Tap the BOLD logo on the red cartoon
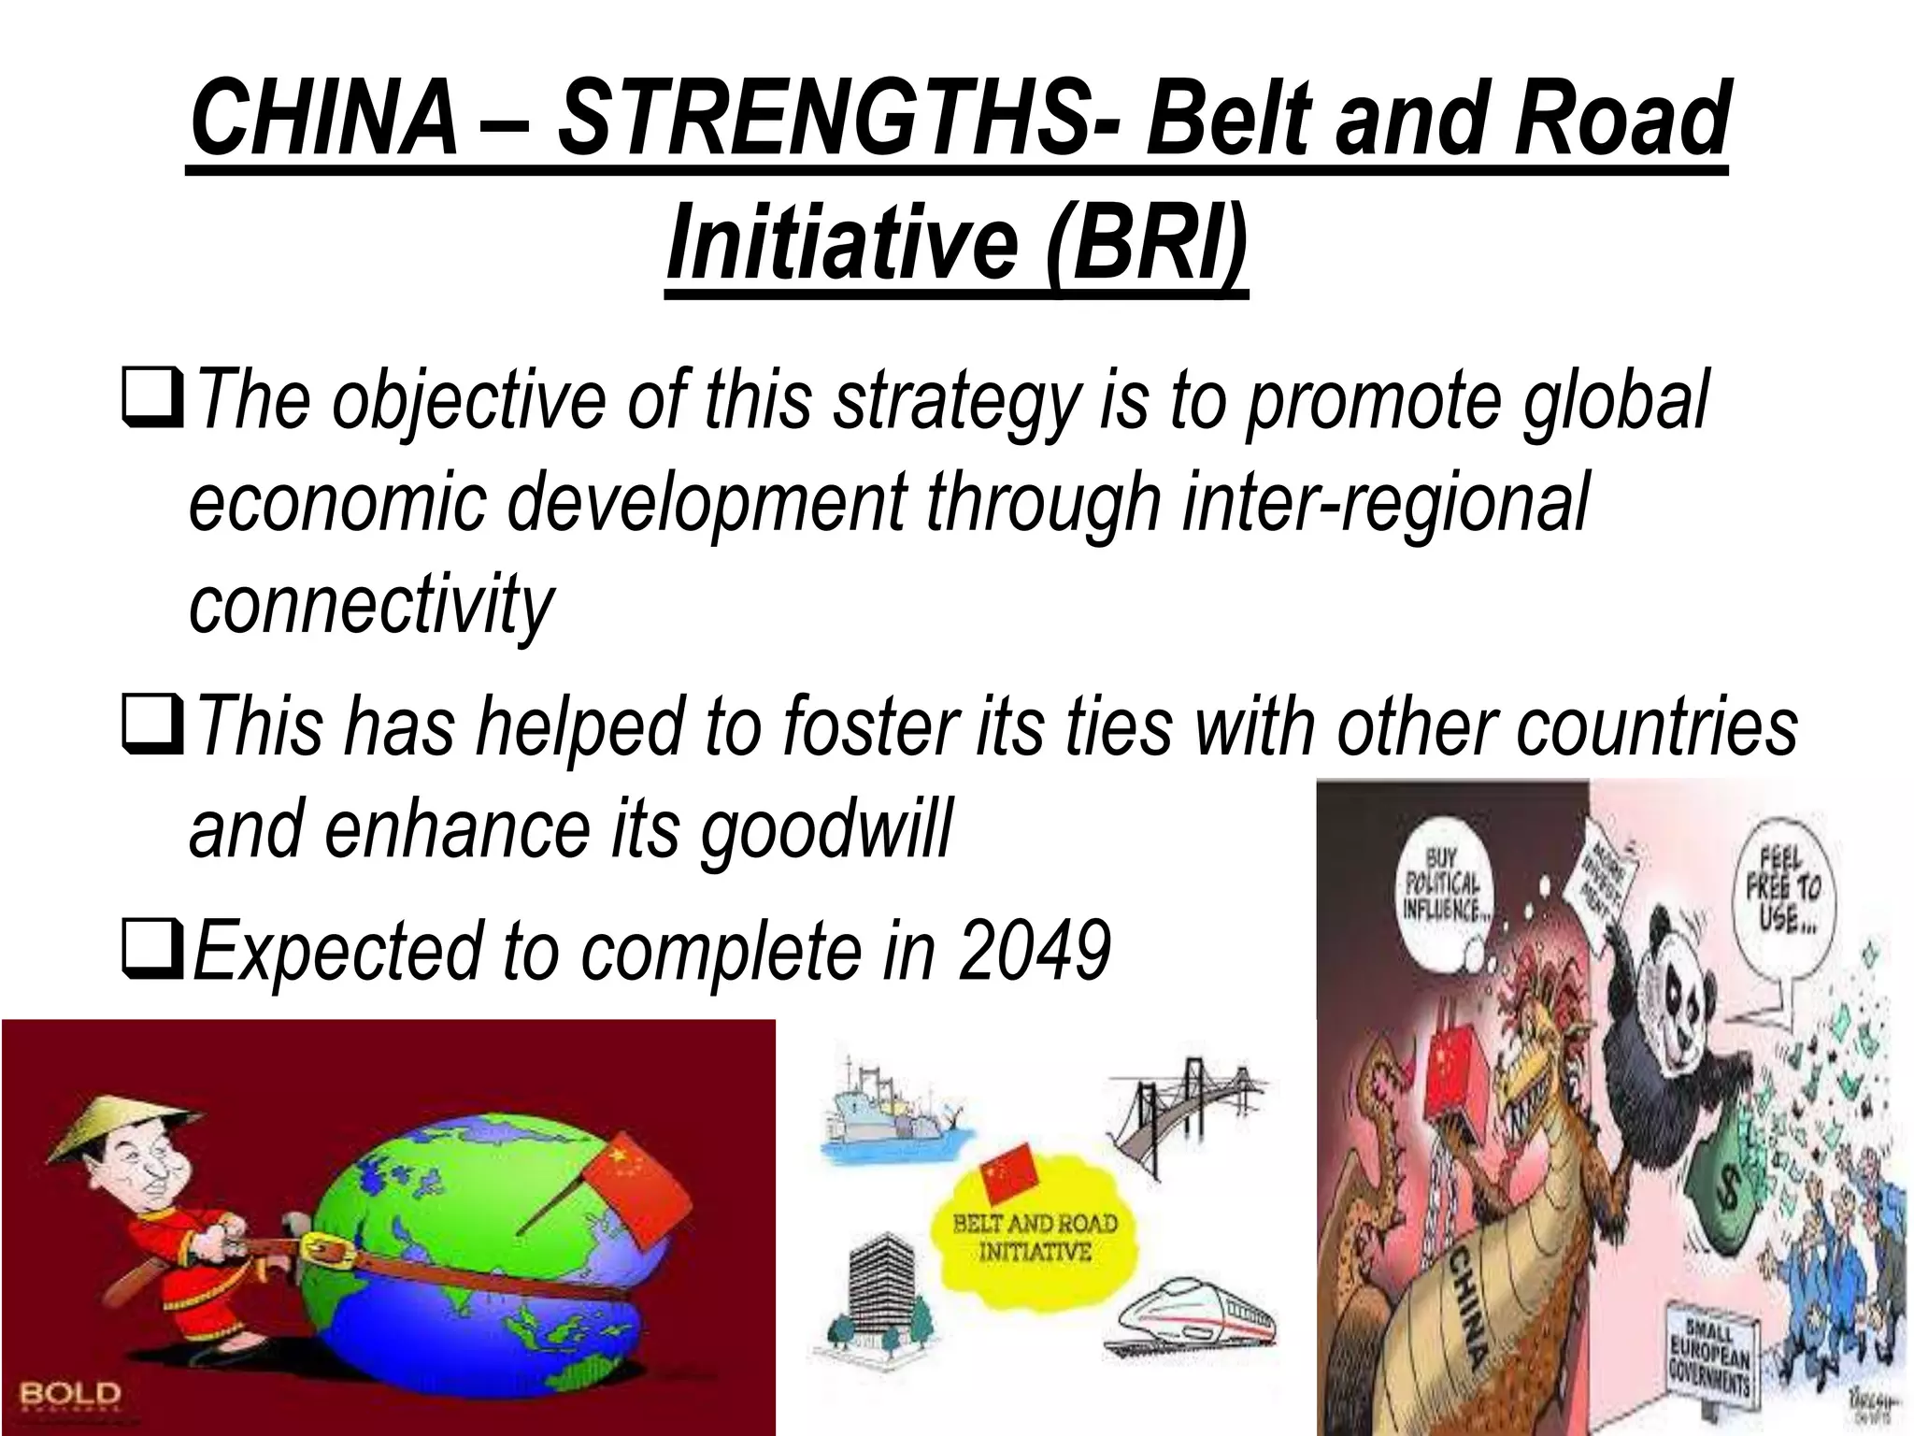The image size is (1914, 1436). click(x=70, y=1394)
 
